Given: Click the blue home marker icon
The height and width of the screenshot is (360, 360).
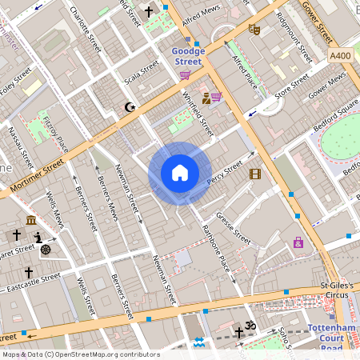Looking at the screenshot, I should [x=180, y=173].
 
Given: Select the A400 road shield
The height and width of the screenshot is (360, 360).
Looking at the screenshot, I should [x=339, y=56].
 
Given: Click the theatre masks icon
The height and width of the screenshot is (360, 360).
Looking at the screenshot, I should [x=255, y=30].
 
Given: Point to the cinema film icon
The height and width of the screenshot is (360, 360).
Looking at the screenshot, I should [x=254, y=174].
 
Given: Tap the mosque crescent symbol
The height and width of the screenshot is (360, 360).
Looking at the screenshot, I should [x=130, y=106].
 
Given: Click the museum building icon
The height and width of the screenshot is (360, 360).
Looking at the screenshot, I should [x=30, y=220].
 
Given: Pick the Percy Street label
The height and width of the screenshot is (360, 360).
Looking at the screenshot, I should [x=224, y=174].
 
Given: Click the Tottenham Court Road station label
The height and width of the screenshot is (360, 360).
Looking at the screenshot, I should [x=337, y=336].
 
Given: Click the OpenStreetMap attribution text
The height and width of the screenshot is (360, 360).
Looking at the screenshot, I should [x=81, y=354].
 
